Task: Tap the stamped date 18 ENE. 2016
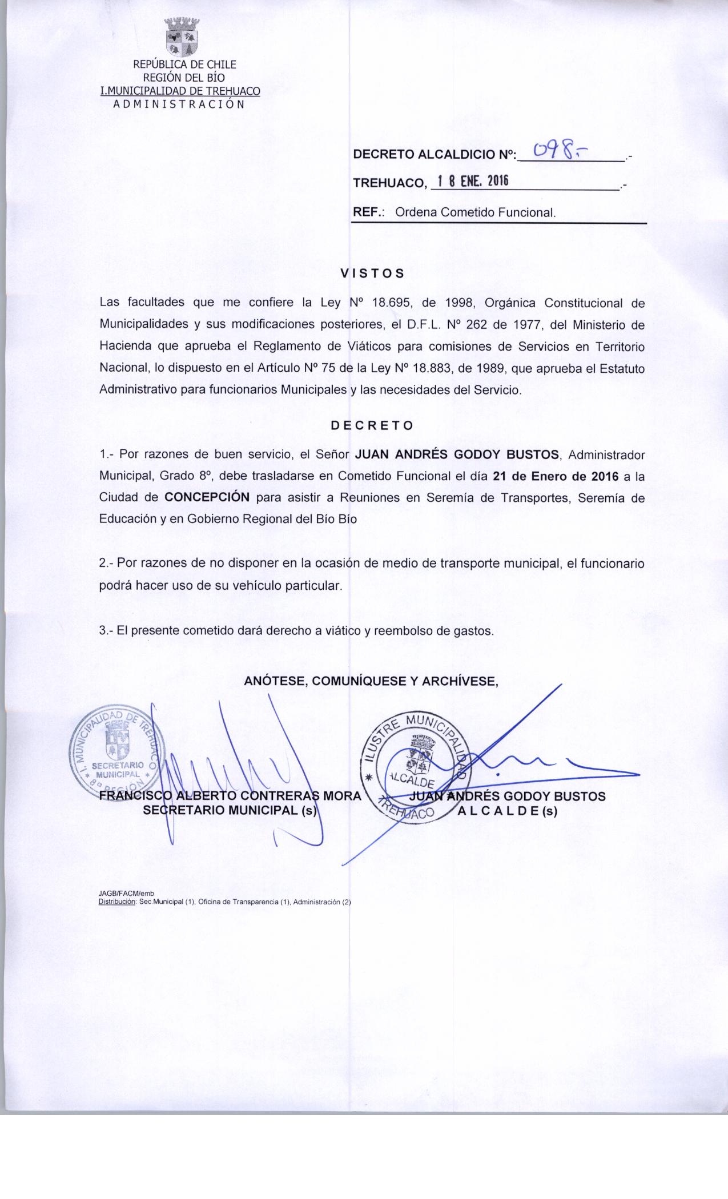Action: point(470,182)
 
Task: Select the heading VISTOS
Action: point(372,273)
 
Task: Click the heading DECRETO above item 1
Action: point(372,425)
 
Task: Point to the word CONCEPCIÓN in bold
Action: point(207,497)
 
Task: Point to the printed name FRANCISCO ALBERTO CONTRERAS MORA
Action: point(230,796)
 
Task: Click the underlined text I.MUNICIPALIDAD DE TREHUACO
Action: point(180,91)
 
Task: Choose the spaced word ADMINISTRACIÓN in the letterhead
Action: point(179,104)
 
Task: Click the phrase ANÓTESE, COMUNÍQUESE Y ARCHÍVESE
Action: point(372,681)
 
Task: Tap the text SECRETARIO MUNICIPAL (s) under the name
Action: point(230,811)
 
